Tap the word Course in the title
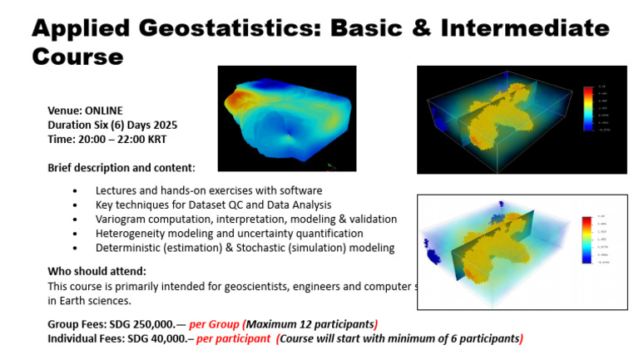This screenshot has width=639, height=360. [77, 56]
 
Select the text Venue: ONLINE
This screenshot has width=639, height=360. [85, 111]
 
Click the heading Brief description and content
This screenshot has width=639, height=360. [121, 167]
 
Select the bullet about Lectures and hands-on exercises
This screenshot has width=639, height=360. [208, 190]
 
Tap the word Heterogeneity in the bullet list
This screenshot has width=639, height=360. [130, 233]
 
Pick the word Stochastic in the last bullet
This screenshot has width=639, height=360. [260, 248]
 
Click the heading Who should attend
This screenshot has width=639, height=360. [97, 271]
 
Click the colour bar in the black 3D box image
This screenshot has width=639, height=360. [588, 108]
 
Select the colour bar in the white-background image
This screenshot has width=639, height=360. [588, 239]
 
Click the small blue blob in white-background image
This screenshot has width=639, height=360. [431, 252]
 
